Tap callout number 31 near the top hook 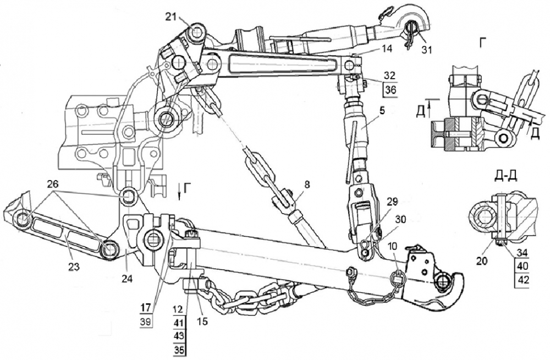point(427,49)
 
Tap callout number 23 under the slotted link point(74,267)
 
